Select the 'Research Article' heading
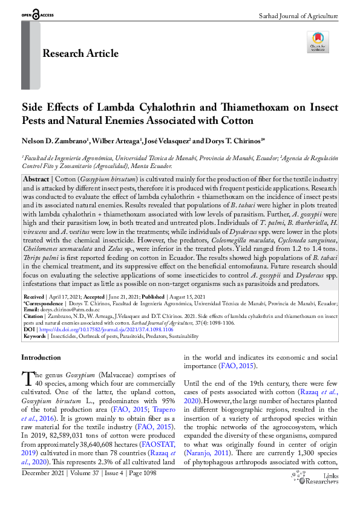[x=80, y=53]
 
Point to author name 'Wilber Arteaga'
[x=116, y=141]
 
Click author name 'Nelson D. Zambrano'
[x=54, y=141]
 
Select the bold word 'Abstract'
[x=36, y=180]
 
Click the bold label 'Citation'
[x=34, y=317]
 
